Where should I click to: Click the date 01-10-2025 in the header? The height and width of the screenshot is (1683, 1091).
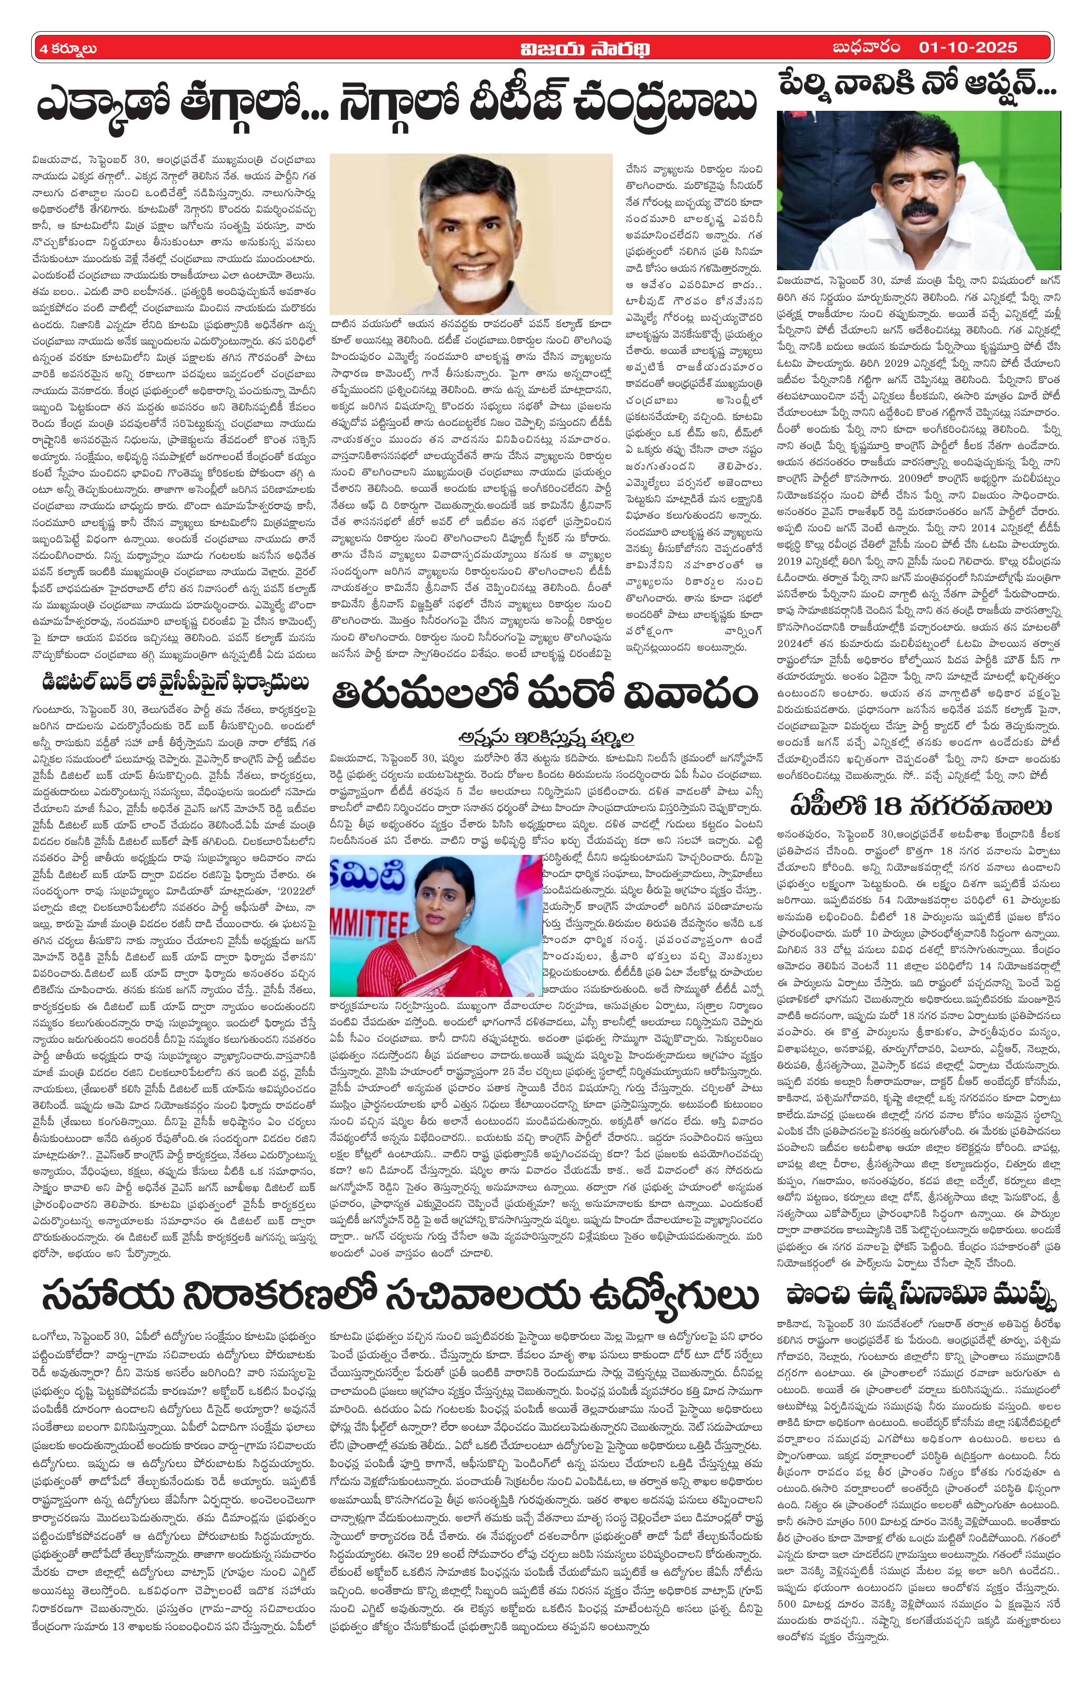click(x=967, y=48)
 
